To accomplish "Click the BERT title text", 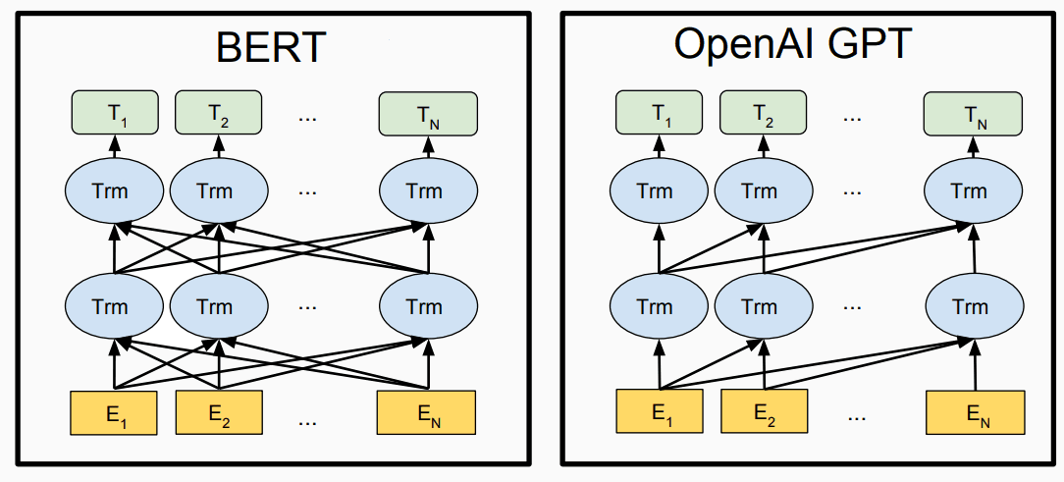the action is coord(272,47).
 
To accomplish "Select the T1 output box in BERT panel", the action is coord(114,113).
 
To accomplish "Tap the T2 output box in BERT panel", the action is coord(219,113).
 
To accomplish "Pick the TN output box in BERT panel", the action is coord(428,113).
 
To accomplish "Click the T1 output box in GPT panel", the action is coord(659,113).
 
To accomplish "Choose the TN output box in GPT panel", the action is coord(973,113).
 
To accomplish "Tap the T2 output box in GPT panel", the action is coord(764,113).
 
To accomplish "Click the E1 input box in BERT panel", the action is coord(113,412).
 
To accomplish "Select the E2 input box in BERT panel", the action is coord(219,412).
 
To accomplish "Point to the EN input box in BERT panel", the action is coord(427,412).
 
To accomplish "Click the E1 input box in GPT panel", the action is coord(659,411).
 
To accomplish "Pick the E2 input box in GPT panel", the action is coord(764,411).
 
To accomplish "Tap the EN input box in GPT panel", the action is coord(975,411).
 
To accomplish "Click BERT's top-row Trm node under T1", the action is coord(114,191).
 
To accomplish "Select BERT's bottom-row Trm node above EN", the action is coord(428,307).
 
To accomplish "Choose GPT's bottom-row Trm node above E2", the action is coord(765,307).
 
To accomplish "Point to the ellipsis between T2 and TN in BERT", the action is coord(307,118).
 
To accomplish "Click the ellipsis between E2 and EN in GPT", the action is coord(856,417).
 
